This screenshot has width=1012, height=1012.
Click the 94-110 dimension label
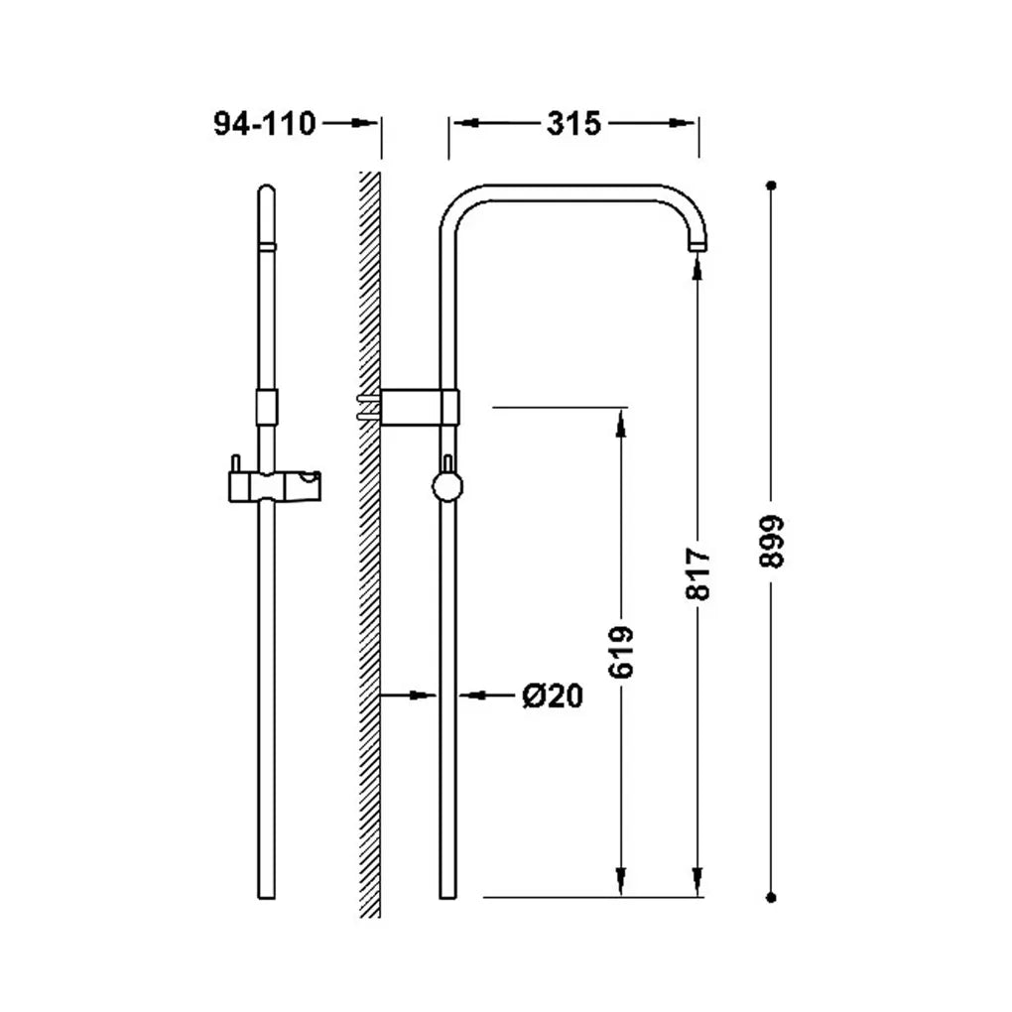pos(265,123)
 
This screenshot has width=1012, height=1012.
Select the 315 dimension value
pos(573,123)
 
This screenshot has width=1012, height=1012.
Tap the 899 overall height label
pos(771,541)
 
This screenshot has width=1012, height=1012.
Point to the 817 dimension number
pos(697,573)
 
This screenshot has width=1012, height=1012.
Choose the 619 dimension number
pos(621,652)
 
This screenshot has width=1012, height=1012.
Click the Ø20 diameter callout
pos(553,696)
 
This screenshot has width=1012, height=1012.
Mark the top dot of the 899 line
pos(771,186)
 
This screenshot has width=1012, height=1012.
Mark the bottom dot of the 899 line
pos(771,897)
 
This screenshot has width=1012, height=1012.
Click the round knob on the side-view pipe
pos(447,487)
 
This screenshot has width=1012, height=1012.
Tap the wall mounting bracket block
pos(420,407)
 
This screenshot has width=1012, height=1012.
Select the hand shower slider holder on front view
pos(275,486)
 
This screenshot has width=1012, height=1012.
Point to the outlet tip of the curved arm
pos(697,246)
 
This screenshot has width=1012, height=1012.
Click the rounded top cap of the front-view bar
pos(267,191)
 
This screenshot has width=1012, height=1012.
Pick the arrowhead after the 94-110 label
pos(364,123)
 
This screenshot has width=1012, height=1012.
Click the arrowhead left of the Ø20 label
pos(472,696)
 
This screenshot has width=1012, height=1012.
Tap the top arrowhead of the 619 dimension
pos(621,422)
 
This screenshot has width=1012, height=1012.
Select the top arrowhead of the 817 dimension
pos(697,266)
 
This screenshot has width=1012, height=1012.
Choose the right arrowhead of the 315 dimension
pos(682,123)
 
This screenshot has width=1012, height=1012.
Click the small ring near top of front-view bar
pos(267,246)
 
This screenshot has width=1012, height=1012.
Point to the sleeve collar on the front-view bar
pos(267,407)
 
